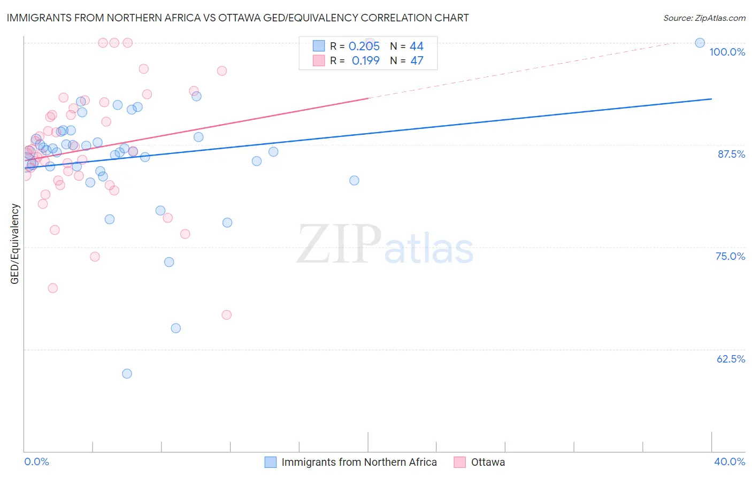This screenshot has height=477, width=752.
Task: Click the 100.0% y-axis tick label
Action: (727, 52)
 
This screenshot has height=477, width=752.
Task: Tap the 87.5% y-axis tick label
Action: (731, 154)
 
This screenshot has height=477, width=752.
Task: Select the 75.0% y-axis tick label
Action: (730, 256)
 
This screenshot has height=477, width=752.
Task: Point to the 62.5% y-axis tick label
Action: (731, 359)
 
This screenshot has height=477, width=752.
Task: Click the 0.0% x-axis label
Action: (36, 461)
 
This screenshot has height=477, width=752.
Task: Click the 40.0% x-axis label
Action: (729, 461)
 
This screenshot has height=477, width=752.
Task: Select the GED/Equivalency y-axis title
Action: (15, 244)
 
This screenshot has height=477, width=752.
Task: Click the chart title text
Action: (237, 18)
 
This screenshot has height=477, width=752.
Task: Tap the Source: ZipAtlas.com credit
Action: (704, 18)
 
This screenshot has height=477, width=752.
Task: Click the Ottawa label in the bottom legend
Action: (488, 462)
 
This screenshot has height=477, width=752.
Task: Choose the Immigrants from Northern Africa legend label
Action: (359, 462)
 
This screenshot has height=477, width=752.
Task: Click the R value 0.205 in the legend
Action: (364, 47)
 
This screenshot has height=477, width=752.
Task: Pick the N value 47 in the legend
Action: (417, 60)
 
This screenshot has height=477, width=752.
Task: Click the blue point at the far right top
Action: (700, 43)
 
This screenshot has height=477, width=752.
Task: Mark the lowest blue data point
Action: (127, 374)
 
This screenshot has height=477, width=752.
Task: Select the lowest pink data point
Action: (226, 315)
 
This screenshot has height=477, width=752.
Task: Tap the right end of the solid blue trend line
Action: (711, 99)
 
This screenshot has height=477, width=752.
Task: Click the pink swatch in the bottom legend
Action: (459, 462)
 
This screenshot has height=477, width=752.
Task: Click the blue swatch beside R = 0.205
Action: (319, 46)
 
